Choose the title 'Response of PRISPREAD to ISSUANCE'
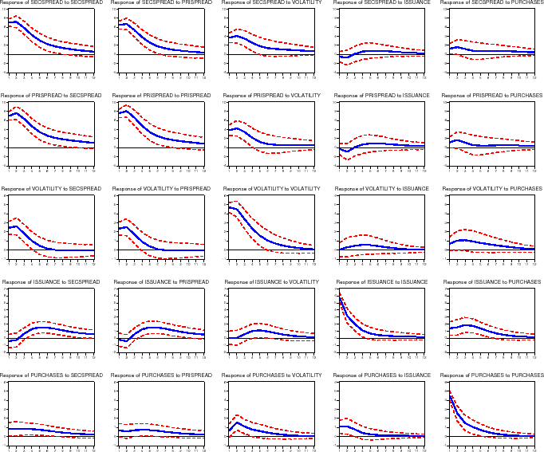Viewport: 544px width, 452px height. click(381, 96)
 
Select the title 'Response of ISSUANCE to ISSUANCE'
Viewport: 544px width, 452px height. click(381, 281)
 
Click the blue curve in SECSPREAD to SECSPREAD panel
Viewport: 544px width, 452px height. click(32, 37)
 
